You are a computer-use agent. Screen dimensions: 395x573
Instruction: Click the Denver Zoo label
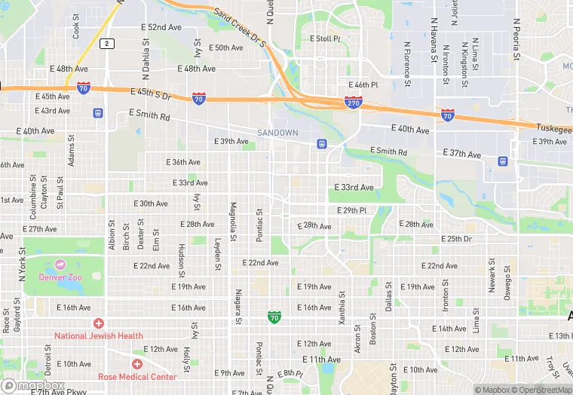[60, 277]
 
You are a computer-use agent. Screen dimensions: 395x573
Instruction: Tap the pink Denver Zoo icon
[60, 265]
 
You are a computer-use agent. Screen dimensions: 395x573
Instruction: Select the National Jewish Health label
[98, 335]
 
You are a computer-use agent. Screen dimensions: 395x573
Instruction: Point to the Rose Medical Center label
[136, 376]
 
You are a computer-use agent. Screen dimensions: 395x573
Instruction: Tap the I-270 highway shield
[353, 101]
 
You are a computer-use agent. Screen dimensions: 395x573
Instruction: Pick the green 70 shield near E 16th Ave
[274, 318]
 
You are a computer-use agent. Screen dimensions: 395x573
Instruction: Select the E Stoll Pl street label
[326, 38]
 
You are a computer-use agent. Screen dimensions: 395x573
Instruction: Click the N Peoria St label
[517, 40]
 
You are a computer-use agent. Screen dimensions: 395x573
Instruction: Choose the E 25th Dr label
[456, 239]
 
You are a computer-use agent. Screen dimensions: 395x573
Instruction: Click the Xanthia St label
[342, 309]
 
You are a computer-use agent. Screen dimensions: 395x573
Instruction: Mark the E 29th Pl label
[351, 210]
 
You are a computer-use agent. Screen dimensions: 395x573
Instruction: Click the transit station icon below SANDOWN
[322, 143]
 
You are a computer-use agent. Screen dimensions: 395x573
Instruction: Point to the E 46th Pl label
[363, 85]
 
